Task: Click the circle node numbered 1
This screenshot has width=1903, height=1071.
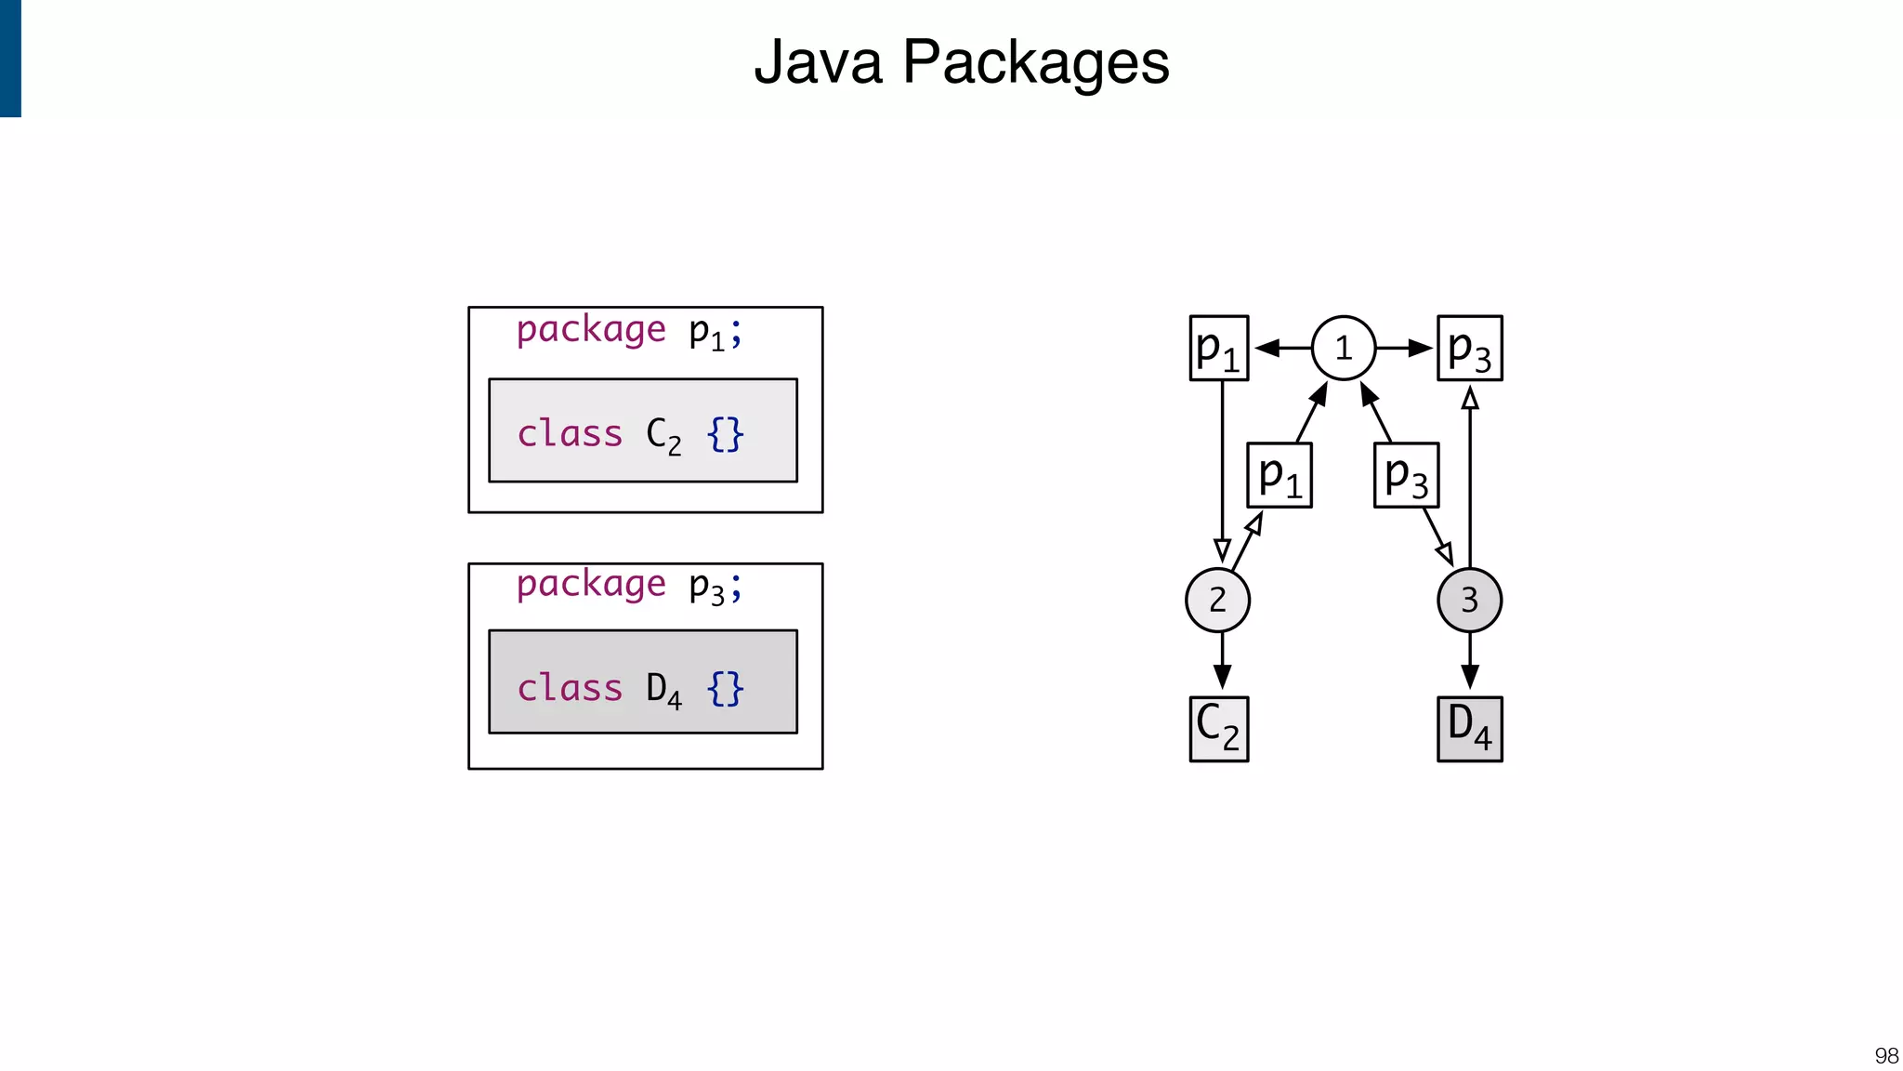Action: [1343, 348]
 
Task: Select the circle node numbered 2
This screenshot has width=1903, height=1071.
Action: [1217, 600]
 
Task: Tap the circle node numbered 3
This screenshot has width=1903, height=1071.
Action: [1469, 600]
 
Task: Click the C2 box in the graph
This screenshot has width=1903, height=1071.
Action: [1218, 729]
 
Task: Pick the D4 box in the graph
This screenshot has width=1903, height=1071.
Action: [1469, 729]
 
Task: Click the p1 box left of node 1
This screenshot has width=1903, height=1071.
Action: [1218, 348]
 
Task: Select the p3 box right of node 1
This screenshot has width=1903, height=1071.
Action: [1469, 348]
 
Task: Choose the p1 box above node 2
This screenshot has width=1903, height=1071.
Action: [1279, 475]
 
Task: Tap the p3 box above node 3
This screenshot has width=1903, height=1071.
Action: [1406, 475]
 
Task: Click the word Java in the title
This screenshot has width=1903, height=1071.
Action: [818, 62]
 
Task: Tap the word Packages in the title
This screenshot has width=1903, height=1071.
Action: [1035, 62]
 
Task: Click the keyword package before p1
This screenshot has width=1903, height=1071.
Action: [591, 330]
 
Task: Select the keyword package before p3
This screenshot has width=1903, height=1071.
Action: [591, 585]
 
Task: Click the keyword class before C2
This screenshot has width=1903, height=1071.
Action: [570, 433]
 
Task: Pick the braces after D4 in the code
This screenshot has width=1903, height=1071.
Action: [725, 689]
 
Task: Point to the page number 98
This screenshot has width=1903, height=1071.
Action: [1885, 1055]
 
